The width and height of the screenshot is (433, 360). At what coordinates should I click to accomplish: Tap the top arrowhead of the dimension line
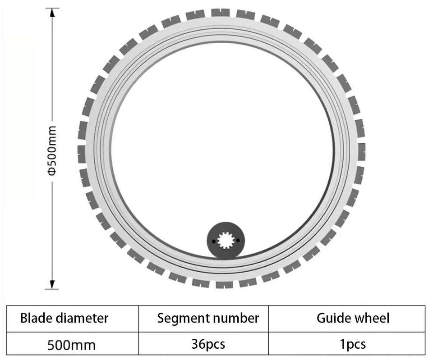52,13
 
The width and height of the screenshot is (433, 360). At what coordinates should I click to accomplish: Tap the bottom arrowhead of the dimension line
52,284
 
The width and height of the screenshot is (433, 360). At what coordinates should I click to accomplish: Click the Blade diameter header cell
64,319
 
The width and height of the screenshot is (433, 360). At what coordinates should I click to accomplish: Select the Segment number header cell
208,319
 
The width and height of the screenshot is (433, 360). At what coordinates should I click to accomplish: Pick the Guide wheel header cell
353,319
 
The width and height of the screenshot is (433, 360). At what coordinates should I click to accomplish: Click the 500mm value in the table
71,346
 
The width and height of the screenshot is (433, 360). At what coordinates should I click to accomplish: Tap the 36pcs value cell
207,345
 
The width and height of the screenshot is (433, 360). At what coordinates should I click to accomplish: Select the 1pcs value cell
353,345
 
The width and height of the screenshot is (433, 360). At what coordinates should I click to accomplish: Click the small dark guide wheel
226,240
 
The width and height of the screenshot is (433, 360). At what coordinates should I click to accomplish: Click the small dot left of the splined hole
214,242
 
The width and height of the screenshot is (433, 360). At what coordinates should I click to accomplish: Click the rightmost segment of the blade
361,151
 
